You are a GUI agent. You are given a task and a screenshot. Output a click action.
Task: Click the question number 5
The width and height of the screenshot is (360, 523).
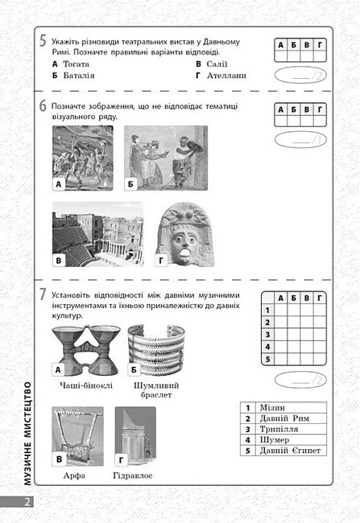tap(43, 41)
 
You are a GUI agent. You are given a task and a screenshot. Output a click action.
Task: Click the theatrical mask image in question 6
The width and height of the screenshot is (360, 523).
tap(184, 234)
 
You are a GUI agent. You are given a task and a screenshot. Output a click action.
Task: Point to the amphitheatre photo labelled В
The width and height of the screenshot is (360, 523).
tap(97, 234)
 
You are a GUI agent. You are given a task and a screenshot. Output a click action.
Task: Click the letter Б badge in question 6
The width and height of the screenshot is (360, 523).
tap(130, 183)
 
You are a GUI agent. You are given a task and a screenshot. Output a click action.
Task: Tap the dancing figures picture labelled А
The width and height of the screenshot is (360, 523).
tap(83, 158)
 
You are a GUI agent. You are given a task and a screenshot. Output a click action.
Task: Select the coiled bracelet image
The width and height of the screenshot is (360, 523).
tap(156, 350)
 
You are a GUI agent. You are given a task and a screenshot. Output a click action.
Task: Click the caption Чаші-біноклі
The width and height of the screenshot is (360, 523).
tap(86, 385)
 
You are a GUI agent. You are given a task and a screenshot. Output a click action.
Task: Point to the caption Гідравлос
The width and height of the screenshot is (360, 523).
tap(133, 476)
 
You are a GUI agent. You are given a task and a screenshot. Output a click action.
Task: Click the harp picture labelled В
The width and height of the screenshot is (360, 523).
tap(78, 436)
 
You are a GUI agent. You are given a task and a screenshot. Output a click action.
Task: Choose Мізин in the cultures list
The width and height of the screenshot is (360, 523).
tap(272, 408)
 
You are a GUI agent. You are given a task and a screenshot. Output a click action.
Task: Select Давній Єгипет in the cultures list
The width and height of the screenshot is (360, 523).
tap(290, 451)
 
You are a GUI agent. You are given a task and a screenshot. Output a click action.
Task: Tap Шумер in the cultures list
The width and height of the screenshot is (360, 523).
tap(275, 440)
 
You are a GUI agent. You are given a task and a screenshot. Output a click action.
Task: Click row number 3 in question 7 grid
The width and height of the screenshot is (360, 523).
tap(267, 335)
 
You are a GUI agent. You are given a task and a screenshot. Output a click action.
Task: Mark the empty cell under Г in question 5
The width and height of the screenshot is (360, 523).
tap(320, 56)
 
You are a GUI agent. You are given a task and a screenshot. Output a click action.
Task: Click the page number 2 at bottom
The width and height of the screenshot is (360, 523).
tap(27, 502)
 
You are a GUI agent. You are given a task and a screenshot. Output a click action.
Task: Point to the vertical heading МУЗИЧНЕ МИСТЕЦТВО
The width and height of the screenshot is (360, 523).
tap(27, 434)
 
